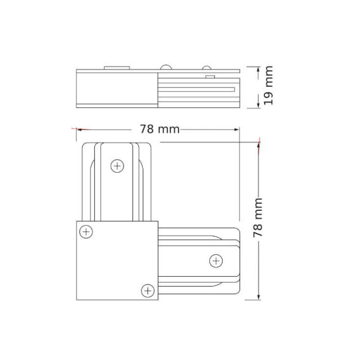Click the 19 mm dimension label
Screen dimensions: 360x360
267,86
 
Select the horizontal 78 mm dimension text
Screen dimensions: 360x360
159,129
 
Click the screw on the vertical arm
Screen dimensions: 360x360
118,166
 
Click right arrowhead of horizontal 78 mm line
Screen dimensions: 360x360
238,129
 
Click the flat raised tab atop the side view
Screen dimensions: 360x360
116,67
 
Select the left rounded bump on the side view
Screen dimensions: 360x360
166,67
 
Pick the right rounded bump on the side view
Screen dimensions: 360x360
206,67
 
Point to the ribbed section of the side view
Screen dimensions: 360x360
198,91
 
